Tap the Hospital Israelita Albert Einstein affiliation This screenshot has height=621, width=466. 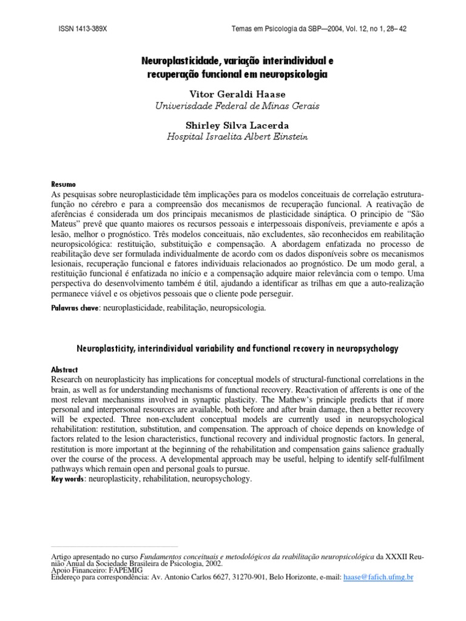coord(237,137)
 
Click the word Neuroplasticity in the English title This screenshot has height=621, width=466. coord(106,349)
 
